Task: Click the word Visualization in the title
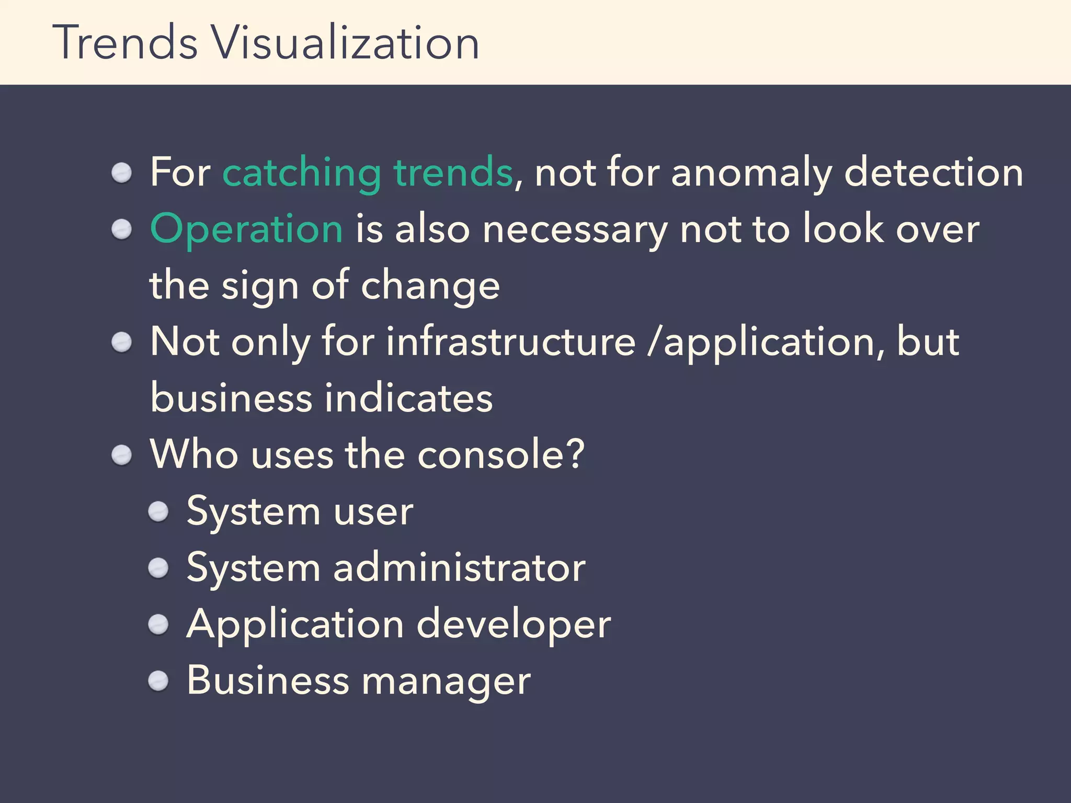pyautogui.click(x=345, y=43)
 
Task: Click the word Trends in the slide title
pyautogui.click(x=126, y=43)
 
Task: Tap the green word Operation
pyautogui.click(x=246, y=229)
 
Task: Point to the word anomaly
pyautogui.click(x=751, y=173)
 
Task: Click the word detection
pyautogui.click(x=933, y=173)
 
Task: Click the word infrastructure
pyautogui.click(x=510, y=342)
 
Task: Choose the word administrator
pyautogui.click(x=459, y=568)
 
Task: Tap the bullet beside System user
pyautogui.click(x=158, y=512)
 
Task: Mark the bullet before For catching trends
pyautogui.click(x=122, y=173)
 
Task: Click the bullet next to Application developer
pyautogui.click(x=158, y=624)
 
